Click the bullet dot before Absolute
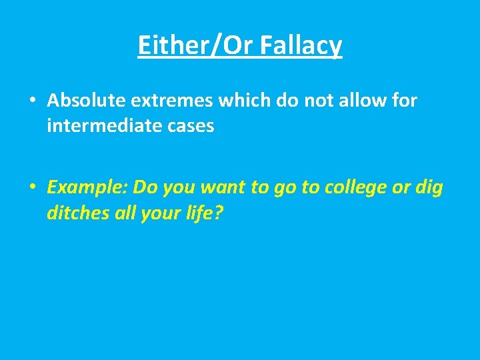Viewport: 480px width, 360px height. [33, 101]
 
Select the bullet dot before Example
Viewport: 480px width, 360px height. [33, 188]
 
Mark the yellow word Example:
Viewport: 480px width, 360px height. [87, 188]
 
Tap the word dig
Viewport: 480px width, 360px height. [429, 188]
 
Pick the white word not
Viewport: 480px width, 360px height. [295, 101]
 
